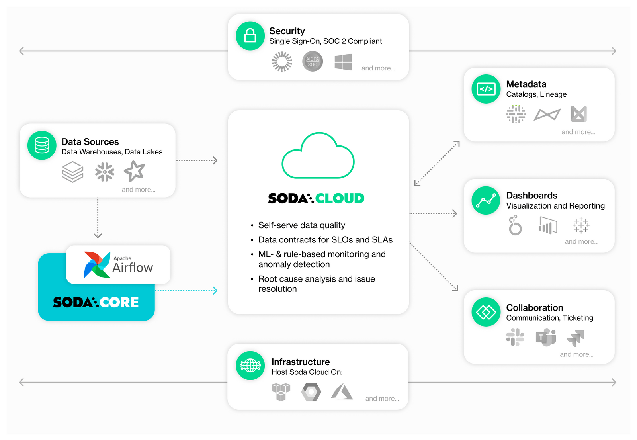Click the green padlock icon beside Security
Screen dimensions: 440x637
coord(250,36)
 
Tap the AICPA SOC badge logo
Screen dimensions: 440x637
coord(313,61)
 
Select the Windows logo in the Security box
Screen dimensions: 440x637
coord(343,62)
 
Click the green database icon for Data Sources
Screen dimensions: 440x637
coord(42,145)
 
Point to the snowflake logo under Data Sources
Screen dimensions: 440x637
coord(105,172)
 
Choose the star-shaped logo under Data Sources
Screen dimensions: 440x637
coord(134,171)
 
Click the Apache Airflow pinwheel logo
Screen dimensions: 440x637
coord(97,264)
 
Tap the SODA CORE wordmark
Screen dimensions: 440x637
coord(96,302)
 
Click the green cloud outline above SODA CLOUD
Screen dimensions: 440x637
coord(318,156)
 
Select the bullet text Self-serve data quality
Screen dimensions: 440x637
coord(301,225)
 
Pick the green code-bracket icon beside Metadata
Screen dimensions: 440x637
coord(486,89)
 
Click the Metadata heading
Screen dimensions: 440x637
coord(526,84)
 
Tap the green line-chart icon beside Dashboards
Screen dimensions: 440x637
coord(486,200)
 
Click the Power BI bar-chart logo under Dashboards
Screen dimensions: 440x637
coord(548,226)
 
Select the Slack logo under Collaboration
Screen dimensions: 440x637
coord(515,337)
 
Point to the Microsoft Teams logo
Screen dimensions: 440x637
coord(546,338)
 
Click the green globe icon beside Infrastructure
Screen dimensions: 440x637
coord(250,366)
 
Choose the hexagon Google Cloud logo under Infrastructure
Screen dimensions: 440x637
coord(311,392)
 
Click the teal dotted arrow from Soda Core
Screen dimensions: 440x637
coord(186,291)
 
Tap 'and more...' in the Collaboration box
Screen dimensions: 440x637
coord(576,354)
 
